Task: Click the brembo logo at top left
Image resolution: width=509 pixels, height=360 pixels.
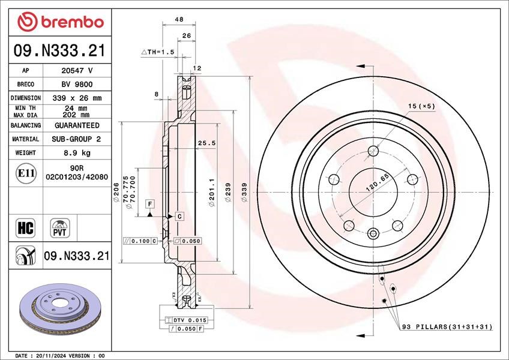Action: tap(61, 22)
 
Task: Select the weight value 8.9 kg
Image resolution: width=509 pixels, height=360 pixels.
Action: tap(77, 152)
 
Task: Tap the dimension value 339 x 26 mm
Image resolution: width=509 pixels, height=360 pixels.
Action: tap(77, 98)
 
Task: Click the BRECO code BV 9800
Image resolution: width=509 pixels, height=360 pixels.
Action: tap(77, 85)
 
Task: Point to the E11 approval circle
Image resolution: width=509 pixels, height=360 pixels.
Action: tap(26, 173)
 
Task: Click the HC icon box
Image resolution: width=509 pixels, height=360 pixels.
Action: tap(25, 228)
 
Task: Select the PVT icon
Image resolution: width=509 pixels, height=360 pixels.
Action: tap(60, 228)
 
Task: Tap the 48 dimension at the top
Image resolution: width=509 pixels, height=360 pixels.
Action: tap(179, 19)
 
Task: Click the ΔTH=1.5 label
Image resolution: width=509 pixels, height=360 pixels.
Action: tap(158, 52)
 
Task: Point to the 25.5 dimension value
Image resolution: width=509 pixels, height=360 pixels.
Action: tap(206, 143)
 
